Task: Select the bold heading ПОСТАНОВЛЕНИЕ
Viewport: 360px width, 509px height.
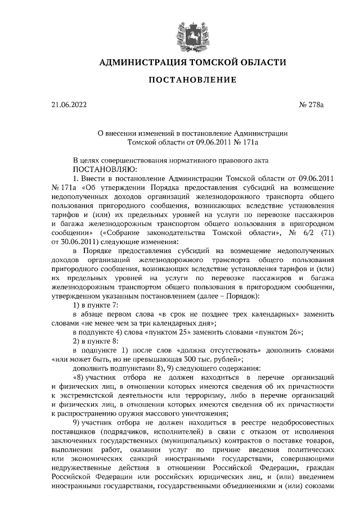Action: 192,81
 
